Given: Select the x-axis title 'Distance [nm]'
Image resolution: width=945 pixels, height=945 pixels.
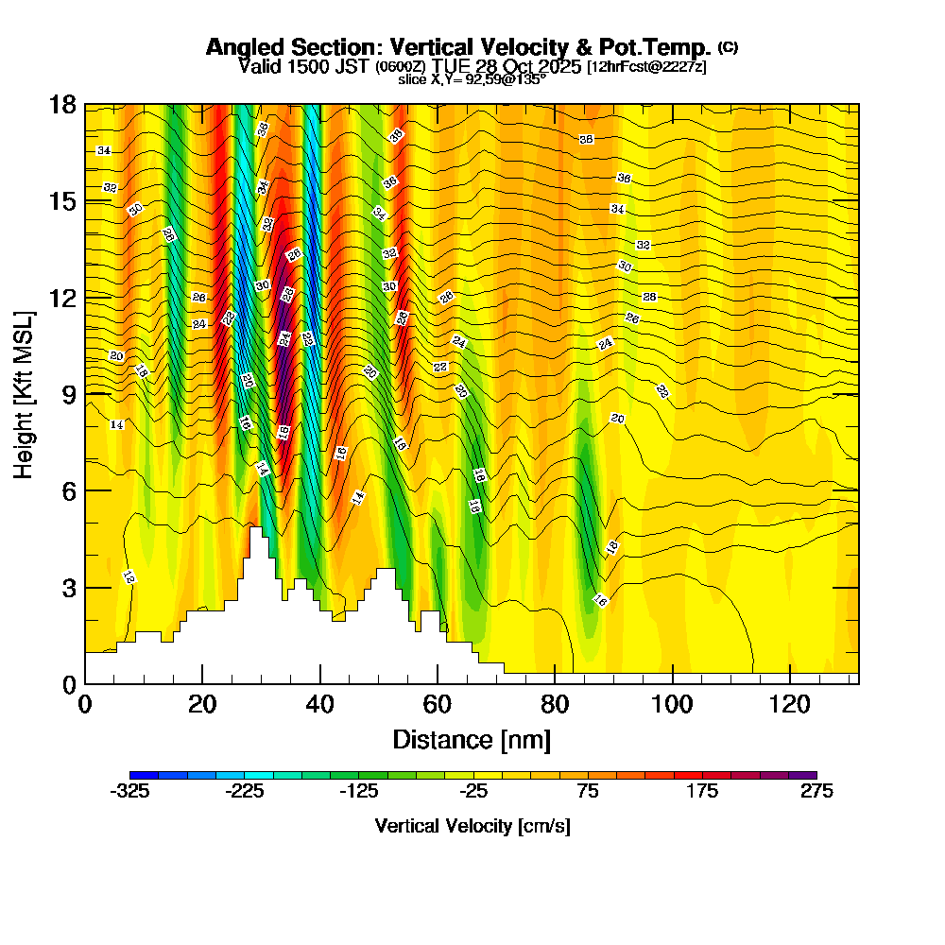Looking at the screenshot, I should pos(472,739).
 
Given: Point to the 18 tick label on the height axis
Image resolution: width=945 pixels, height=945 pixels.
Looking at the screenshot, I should pos(62,105).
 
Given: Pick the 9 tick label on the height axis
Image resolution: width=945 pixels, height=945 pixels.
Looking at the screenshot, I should pos(69,394).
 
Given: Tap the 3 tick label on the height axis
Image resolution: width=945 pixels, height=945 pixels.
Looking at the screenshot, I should pos(69,588).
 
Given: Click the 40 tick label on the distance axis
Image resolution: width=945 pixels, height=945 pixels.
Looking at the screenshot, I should pos(320,704).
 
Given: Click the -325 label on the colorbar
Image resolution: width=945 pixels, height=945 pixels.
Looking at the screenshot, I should pos(129,793).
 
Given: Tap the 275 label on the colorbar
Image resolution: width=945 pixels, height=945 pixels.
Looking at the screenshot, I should pos(816,793).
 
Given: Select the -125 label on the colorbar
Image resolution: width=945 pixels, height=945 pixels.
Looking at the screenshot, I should pos(359,793).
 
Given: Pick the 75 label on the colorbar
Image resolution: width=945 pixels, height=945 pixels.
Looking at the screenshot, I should pos(588,793).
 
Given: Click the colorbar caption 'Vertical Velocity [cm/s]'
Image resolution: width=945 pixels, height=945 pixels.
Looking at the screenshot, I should pos(472,826).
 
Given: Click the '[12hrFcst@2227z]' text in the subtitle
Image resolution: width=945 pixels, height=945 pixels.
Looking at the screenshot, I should pos(646,67).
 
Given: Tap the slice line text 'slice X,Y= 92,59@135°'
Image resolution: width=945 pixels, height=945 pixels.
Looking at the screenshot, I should pos(472,80).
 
